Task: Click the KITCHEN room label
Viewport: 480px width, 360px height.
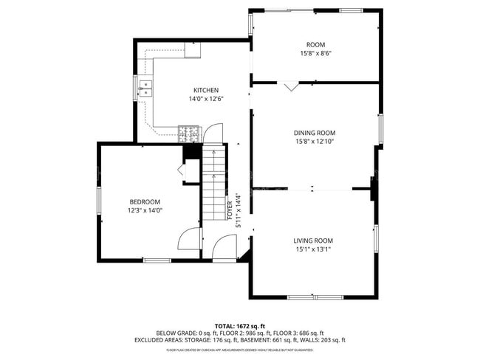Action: coord(206,90)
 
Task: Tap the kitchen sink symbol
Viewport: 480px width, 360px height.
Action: coord(146,88)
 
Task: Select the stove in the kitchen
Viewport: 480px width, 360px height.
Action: coord(189,133)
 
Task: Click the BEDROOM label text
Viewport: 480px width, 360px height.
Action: coord(145,201)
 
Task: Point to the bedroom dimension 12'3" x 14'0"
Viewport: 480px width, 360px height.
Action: coord(145,210)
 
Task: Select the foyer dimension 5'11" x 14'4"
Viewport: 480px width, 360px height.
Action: coord(238,210)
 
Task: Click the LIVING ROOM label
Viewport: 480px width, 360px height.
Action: coord(313,240)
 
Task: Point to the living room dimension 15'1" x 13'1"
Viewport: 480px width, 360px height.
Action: coord(313,249)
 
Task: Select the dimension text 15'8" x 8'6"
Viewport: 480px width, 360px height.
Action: coord(315,53)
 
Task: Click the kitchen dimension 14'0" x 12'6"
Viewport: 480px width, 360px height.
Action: coord(206,99)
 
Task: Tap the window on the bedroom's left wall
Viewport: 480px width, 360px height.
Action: coord(99,201)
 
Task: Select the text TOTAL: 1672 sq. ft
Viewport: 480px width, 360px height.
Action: coord(240,325)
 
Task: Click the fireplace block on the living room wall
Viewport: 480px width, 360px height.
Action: coord(373,188)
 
